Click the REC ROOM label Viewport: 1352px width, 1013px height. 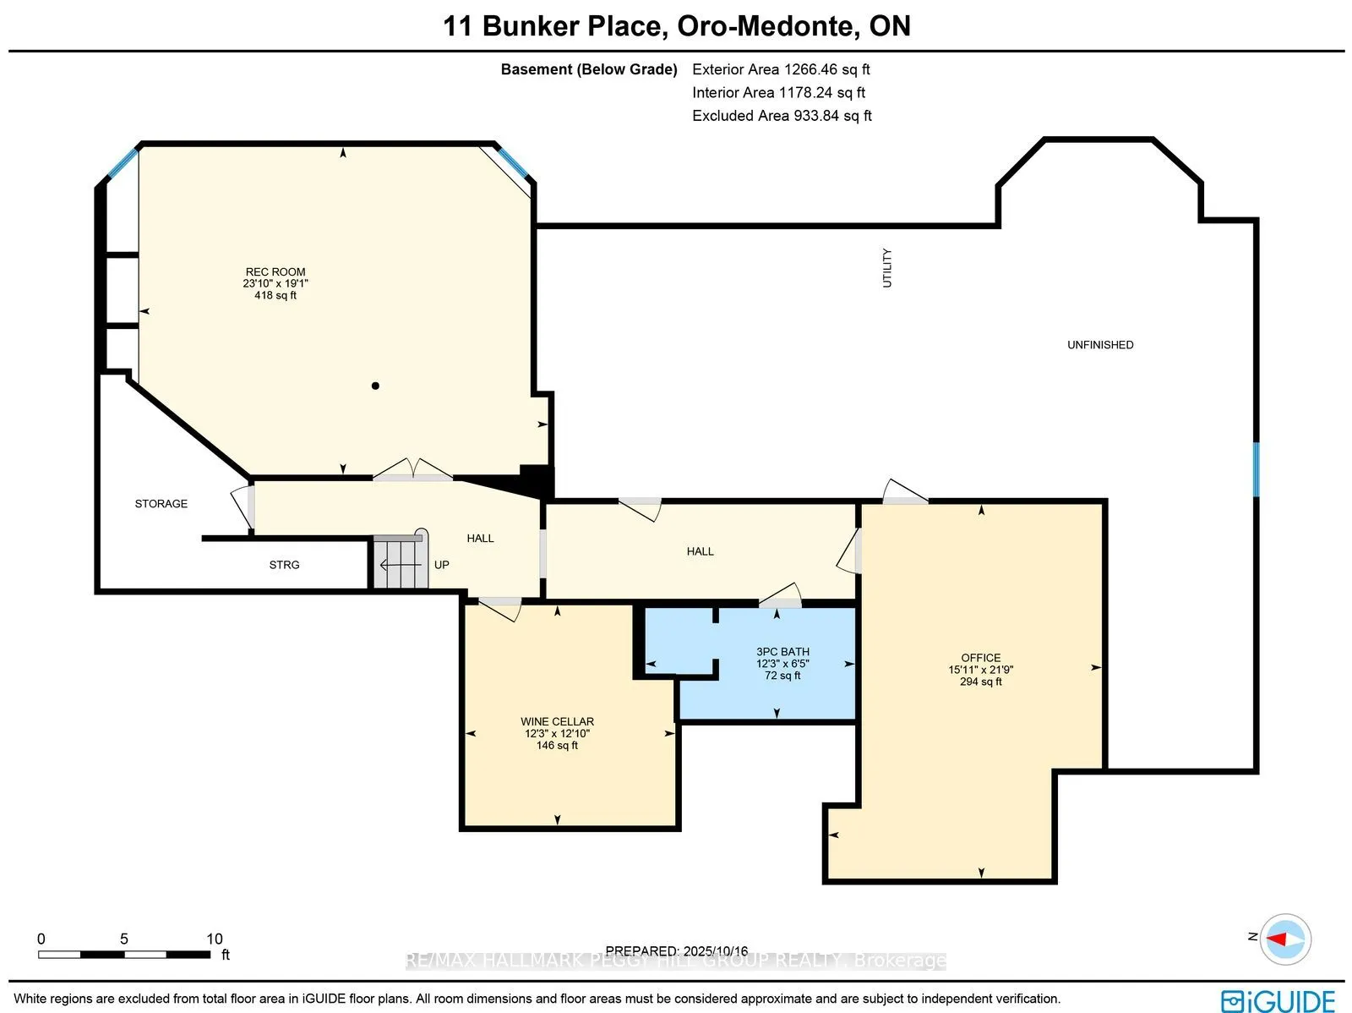[275, 272]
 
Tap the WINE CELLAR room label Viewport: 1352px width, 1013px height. [557, 721]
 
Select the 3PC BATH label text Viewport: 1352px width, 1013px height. [782, 652]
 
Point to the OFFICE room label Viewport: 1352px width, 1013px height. [980, 658]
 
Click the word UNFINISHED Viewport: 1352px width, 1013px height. [1099, 345]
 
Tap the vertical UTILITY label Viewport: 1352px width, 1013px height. [886, 268]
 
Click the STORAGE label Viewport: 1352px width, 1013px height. [161, 504]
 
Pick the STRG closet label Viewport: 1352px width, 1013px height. [284, 565]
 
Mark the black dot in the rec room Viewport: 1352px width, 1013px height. [375, 386]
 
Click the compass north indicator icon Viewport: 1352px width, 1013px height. [1284, 939]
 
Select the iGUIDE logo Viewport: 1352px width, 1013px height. [1278, 1000]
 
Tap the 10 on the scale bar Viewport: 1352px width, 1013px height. [215, 939]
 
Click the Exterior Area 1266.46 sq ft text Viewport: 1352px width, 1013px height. [781, 69]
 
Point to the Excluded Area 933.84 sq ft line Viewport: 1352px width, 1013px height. [782, 116]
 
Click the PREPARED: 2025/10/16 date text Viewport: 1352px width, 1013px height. [676, 950]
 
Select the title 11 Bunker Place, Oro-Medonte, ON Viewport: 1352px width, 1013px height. [677, 26]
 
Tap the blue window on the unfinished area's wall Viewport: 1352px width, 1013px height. [1256, 469]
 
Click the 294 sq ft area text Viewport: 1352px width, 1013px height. [980, 682]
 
